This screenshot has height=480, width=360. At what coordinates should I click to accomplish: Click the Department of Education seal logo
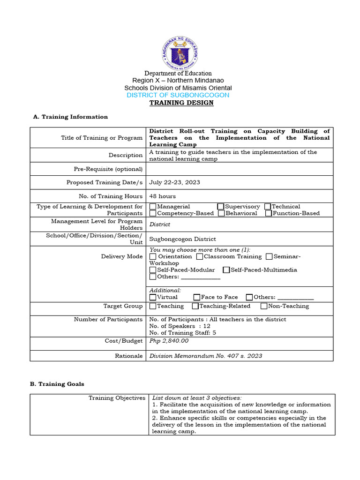180,51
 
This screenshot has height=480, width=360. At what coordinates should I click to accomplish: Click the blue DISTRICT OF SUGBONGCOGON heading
178,95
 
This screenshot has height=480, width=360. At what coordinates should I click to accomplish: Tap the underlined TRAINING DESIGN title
181,103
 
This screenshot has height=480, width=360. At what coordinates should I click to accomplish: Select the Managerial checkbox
153,207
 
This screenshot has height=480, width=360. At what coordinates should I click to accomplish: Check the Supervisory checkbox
221,207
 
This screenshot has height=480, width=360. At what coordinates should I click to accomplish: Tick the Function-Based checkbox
269,213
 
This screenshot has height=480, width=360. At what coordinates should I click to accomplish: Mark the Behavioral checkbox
221,213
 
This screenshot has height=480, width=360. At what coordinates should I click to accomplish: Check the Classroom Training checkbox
200,256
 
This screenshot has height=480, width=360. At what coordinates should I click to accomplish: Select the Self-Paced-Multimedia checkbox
226,270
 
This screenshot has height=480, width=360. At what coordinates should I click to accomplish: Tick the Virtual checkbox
153,297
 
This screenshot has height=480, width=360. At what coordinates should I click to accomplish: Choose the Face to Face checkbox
196,297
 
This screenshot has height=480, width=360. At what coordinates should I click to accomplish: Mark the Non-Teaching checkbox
264,306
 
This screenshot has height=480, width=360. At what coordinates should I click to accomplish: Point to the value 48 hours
163,196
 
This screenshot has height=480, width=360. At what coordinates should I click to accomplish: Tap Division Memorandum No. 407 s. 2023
206,356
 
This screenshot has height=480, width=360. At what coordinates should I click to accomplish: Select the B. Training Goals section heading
57,384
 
